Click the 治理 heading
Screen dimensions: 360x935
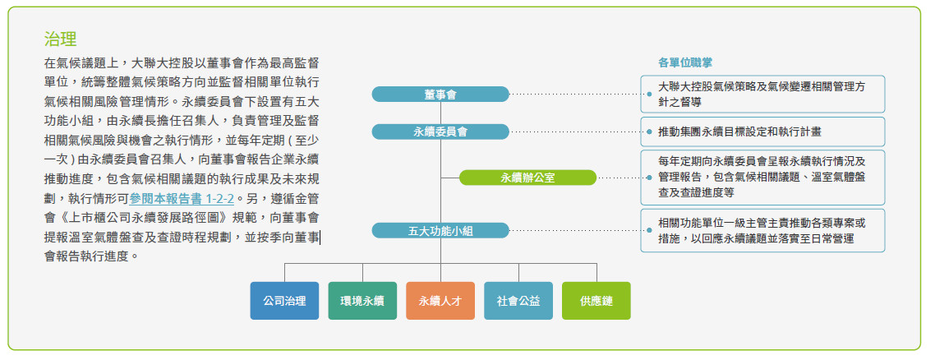pyautogui.click(x=61, y=39)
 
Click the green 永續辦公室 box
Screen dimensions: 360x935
pyautogui.click(x=527, y=178)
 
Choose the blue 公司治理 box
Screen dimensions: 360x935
pyautogui.click(x=284, y=301)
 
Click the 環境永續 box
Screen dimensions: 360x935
pyautogui.click(x=362, y=301)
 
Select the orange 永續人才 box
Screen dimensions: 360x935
pyautogui.click(x=440, y=301)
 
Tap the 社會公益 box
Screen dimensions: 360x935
pyautogui.click(x=518, y=301)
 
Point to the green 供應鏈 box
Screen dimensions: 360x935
pyautogui.click(x=596, y=301)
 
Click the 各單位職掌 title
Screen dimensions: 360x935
pyautogui.click(x=685, y=62)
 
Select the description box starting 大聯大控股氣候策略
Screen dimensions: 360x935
pyautogui.click(x=764, y=94)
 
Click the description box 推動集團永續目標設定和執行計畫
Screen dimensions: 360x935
pyautogui.click(x=764, y=132)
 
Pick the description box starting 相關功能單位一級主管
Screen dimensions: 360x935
pyautogui.click(x=764, y=230)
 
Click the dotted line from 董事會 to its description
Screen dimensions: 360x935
pyautogui.click(x=575, y=95)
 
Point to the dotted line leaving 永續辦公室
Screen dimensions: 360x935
pyautogui.click(x=620, y=178)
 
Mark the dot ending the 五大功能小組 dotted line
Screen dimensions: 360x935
pyautogui.click(x=648, y=231)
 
